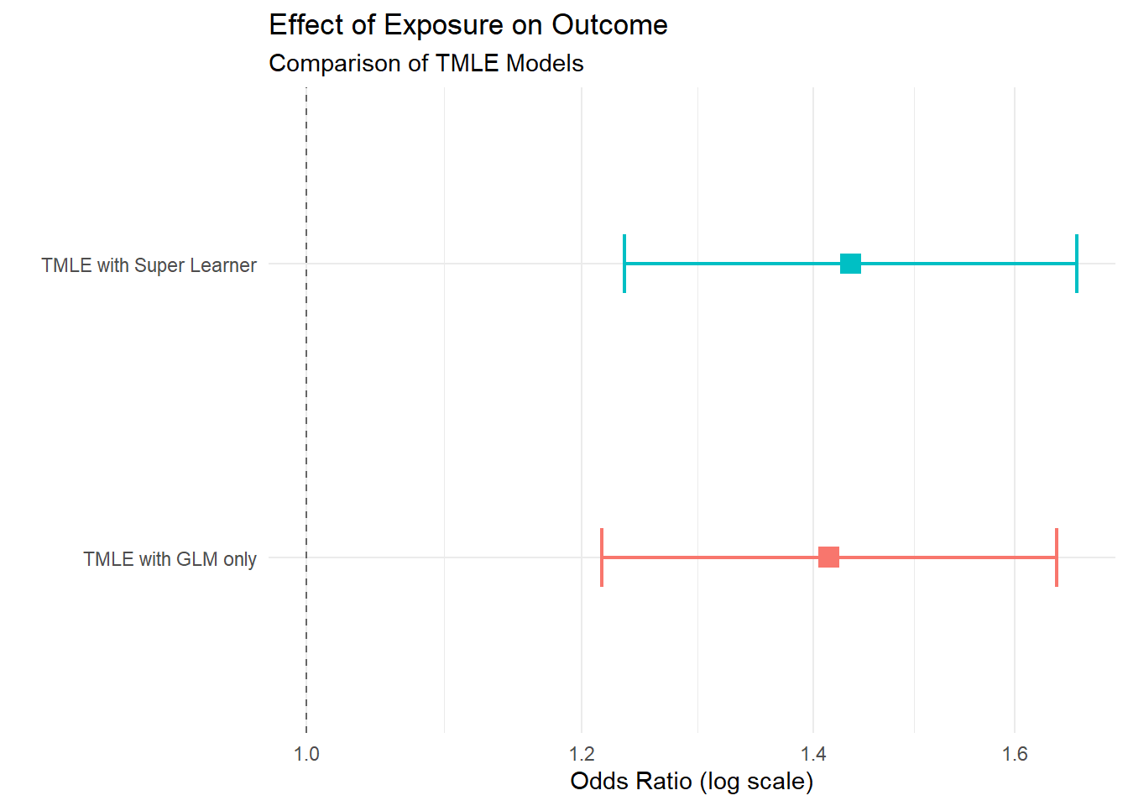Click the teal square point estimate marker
850,264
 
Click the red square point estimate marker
828,557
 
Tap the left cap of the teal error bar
624,264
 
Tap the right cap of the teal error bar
1076,264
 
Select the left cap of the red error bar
602,557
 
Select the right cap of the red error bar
1056,557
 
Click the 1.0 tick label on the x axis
306,754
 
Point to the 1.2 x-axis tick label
581,754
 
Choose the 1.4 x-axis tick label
812,754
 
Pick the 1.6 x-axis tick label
1014,754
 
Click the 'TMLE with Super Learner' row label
149,265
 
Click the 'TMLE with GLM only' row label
170,559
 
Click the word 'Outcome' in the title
609,26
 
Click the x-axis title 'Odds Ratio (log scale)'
692,782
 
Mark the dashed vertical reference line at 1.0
306,403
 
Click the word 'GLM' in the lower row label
197,559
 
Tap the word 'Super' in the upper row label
159,265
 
